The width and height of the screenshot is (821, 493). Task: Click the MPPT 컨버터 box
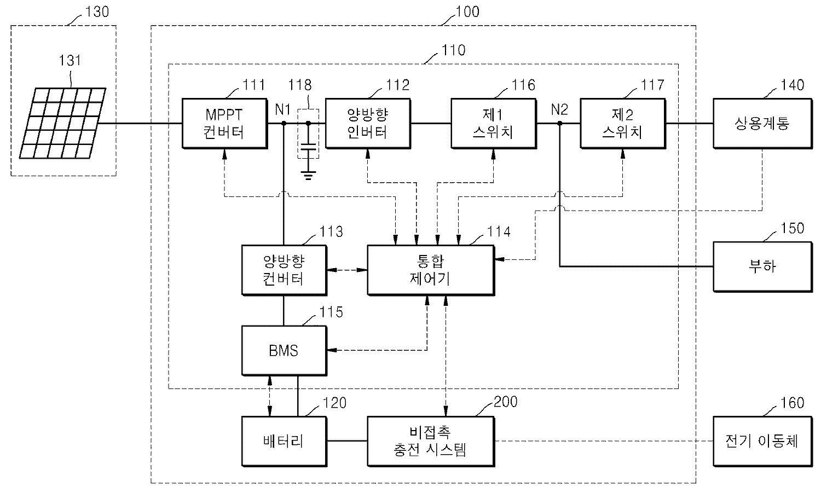[x=224, y=124]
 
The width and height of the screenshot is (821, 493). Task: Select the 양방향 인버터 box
[x=368, y=124]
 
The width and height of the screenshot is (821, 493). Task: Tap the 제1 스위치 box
[x=493, y=124]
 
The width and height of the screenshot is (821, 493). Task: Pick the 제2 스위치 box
[x=622, y=124]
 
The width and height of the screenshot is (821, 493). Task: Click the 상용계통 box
[x=761, y=124]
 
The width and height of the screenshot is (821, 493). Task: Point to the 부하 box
[x=761, y=267]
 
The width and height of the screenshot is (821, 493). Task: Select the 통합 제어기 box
[x=431, y=270]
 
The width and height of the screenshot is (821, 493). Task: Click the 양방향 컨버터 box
[x=284, y=270]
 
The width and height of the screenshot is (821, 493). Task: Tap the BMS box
[x=284, y=350]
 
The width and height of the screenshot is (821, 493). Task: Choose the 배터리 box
[x=284, y=441]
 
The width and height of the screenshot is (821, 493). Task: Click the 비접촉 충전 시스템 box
[x=431, y=441]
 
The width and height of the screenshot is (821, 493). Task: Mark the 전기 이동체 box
[x=761, y=441]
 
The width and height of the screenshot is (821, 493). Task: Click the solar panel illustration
[x=62, y=124]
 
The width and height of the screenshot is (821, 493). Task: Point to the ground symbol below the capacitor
[x=308, y=175]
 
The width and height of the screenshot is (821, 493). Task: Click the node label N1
[x=282, y=109]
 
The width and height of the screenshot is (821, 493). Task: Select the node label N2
[x=559, y=109]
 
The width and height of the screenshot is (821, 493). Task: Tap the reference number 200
[x=505, y=402]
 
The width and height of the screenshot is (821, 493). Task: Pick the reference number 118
[x=300, y=85]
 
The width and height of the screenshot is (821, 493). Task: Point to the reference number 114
[x=499, y=232]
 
